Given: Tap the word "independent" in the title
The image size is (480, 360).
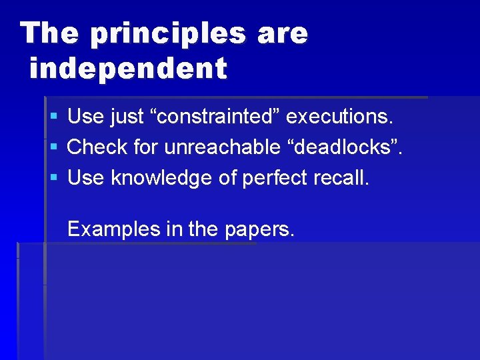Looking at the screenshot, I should (128, 68).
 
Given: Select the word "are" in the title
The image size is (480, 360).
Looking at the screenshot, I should (281, 33).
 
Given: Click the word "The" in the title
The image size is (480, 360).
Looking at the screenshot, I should (49, 33).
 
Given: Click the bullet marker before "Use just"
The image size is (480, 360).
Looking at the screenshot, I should (53, 117).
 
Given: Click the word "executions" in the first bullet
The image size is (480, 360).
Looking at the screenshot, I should (339, 117).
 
